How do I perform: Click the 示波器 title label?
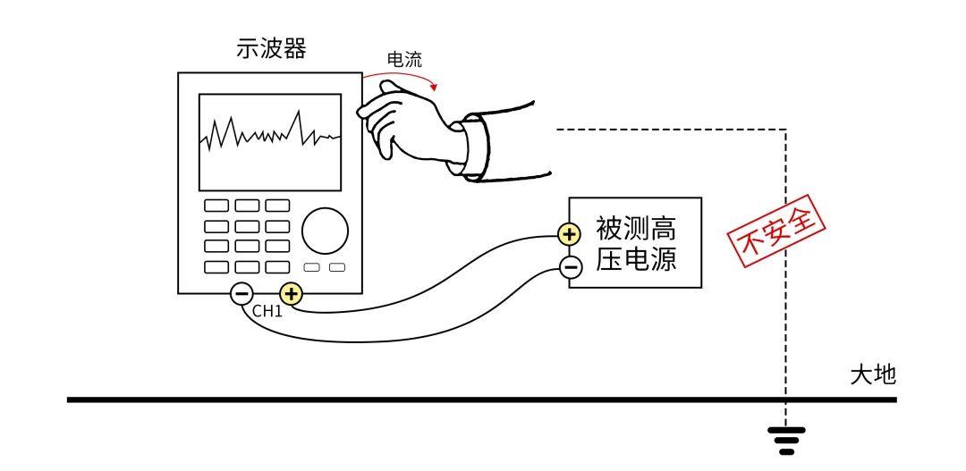click(271, 49)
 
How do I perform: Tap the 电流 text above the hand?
click(403, 60)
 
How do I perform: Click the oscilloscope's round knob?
click(325, 231)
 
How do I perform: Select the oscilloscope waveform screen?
click(269, 141)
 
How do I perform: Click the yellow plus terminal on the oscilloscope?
click(292, 293)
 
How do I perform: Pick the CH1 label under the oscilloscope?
click(267, 312)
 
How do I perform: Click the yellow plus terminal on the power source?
click(570, 235)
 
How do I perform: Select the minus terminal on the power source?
click(570, 265)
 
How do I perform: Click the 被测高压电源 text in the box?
click(636, 242)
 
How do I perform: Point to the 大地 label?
click(872, 374)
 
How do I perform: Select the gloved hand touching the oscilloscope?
click(402, 121)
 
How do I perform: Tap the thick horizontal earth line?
click(447, 400)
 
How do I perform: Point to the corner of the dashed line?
click(785, 130)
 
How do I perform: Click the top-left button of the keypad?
click(216, 206)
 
